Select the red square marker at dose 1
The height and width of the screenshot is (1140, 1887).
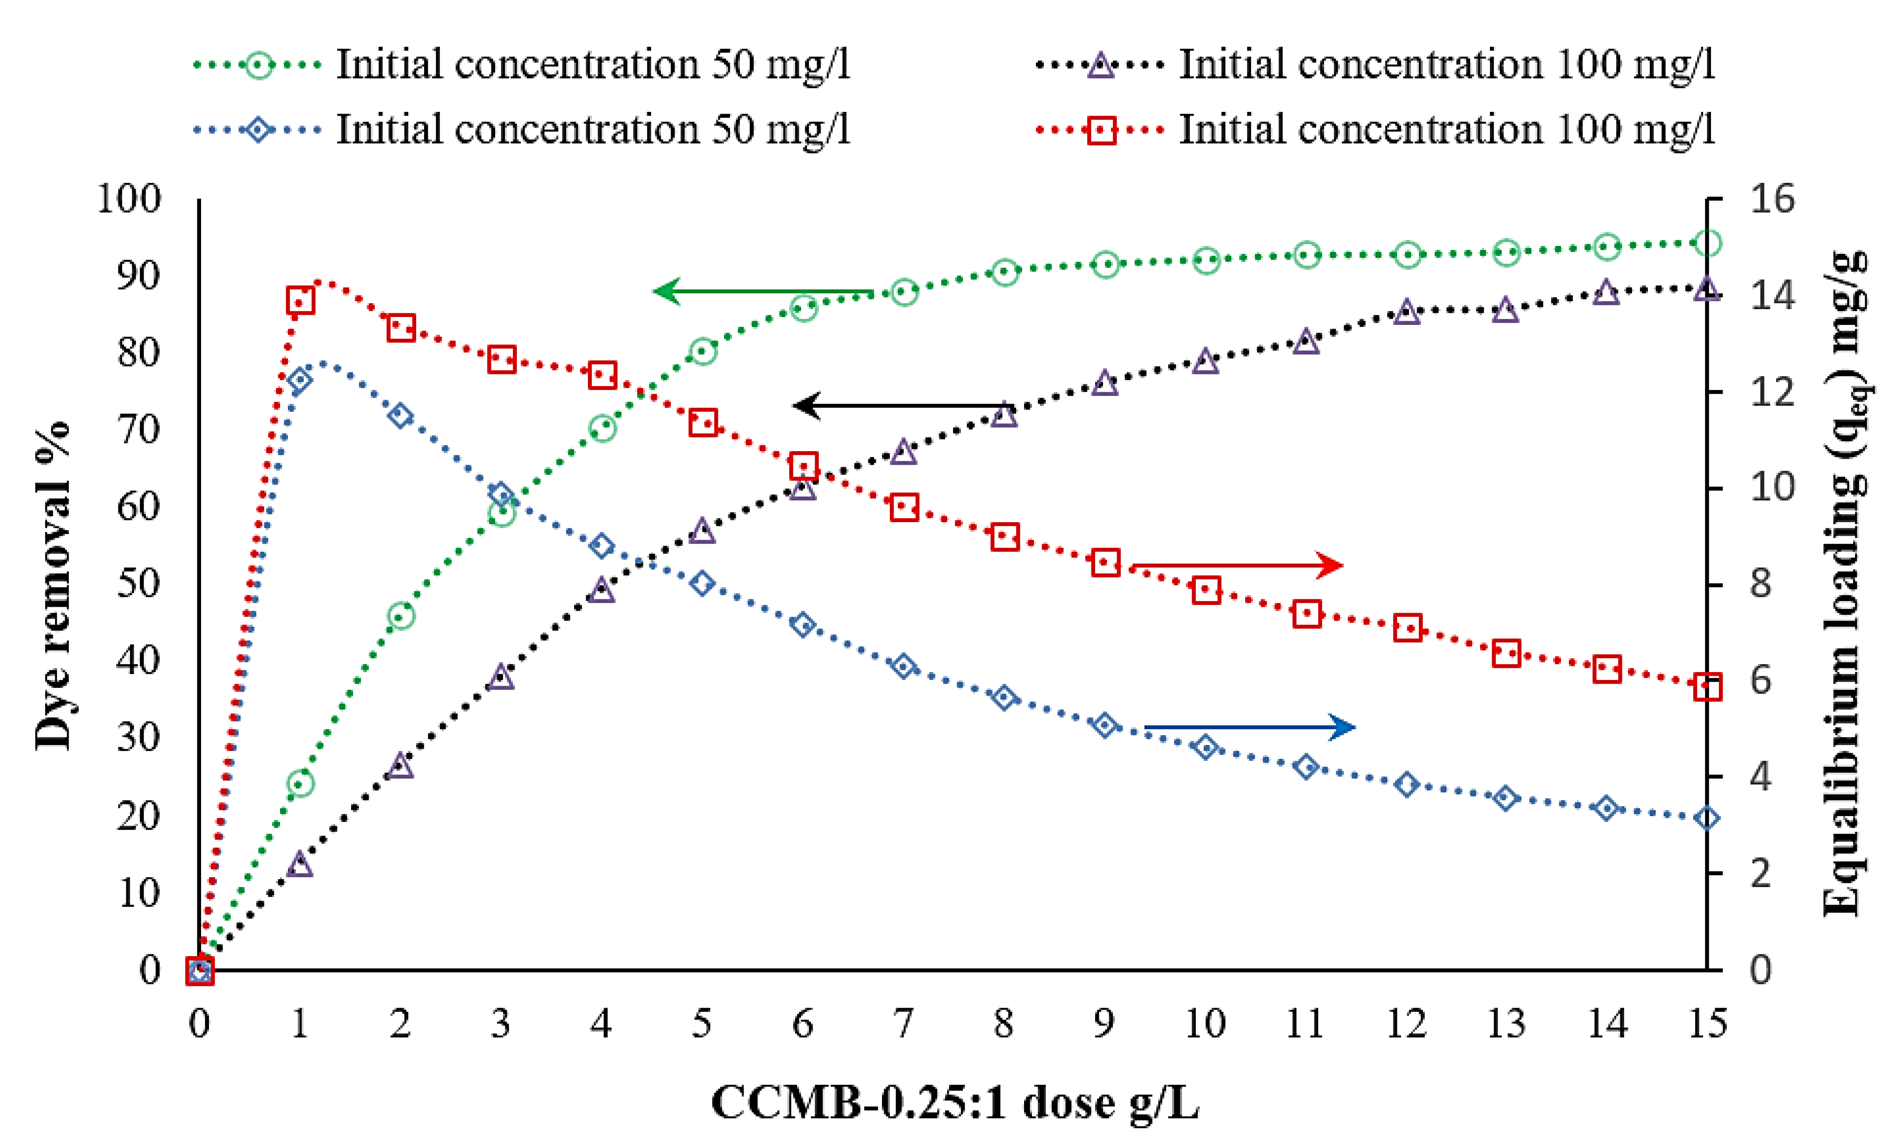pyautogui.click(x=300, y=301)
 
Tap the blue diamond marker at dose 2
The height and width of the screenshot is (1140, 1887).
pyautogui.click(x=400, y=416)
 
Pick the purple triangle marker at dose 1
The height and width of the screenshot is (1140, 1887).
pyautogui.click(x=300, y=865)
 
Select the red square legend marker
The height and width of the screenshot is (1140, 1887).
pyautogui.click(x=1102, y=130)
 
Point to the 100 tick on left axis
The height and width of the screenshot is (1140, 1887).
pyautogui.click(x=129, y=199)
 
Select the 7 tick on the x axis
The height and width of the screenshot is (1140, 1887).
pyautogui.click(x=904, y=1023)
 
